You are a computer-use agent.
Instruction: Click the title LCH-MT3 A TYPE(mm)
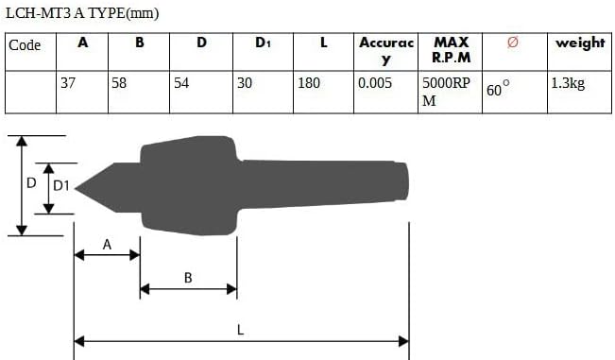[x=82, y=13]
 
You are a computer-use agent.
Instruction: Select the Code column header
[x=25, y=45]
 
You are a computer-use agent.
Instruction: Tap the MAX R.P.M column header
[x=451, y=50]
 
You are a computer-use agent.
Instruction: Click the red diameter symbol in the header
[x=513, y=42]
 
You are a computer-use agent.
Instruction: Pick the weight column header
[x=580, y=43]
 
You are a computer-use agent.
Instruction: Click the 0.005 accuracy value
[x=374, y=83]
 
